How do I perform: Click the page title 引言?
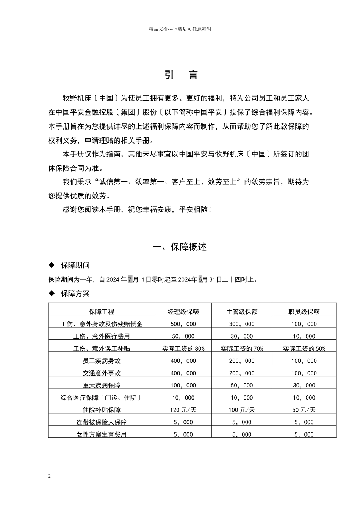coord(181,75)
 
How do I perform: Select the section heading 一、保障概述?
coord(180,247)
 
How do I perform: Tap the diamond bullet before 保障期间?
coord(52,265)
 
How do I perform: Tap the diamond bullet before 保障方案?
coord(52,294)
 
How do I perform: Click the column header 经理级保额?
coord(183,312)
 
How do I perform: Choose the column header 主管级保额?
coord(242,312)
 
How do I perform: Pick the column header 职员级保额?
coord(304,312)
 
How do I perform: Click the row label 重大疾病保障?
coord(102,386)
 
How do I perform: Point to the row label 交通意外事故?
coord(102,373)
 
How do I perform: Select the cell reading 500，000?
coord(183,324)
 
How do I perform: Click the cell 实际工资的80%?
coord(183,349)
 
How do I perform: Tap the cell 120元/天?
coord(183,410)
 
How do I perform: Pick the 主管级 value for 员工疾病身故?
coord(242,361)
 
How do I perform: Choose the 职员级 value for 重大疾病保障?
coord(304,386)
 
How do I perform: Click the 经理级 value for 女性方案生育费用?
coord(183,434)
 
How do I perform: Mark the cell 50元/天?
coord(304,410)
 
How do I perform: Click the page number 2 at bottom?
coord(50,476)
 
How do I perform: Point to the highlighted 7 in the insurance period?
coord(130,279)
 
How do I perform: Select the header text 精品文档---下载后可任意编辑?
coord(180,29)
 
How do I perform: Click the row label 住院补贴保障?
coord(102,410)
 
